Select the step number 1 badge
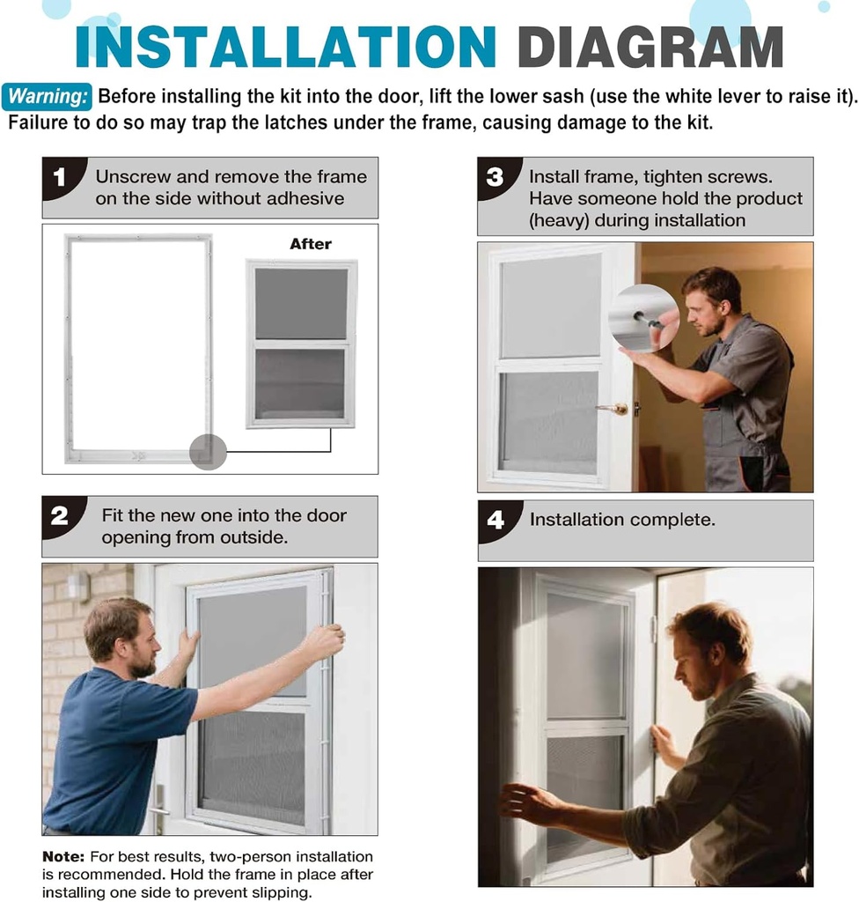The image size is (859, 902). (60, 177)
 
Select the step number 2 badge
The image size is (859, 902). (60, 516)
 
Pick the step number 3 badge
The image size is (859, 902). (496, 177)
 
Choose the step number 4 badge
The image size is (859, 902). (496, 521)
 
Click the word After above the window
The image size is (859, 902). (311, 244)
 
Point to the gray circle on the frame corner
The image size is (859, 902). (208, 452)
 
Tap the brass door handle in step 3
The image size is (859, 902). (616, 409)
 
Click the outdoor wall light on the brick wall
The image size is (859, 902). (78, 587)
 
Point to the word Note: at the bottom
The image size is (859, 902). (63, 856)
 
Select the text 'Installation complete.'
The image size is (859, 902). (622, 520)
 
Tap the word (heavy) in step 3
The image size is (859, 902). (559, 220)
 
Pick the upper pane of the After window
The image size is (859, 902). (301, 304)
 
